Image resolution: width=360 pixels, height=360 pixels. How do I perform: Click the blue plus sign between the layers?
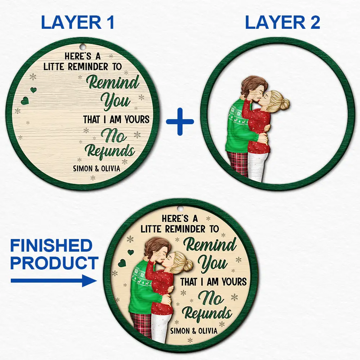click(x=180, y=121)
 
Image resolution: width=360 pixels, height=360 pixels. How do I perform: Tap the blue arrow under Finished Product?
click(x=54, y=281)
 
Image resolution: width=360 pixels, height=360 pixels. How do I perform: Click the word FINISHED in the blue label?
click(x=51, y=246)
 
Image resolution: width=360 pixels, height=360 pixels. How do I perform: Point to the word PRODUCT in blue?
click(x=54, y=263)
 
